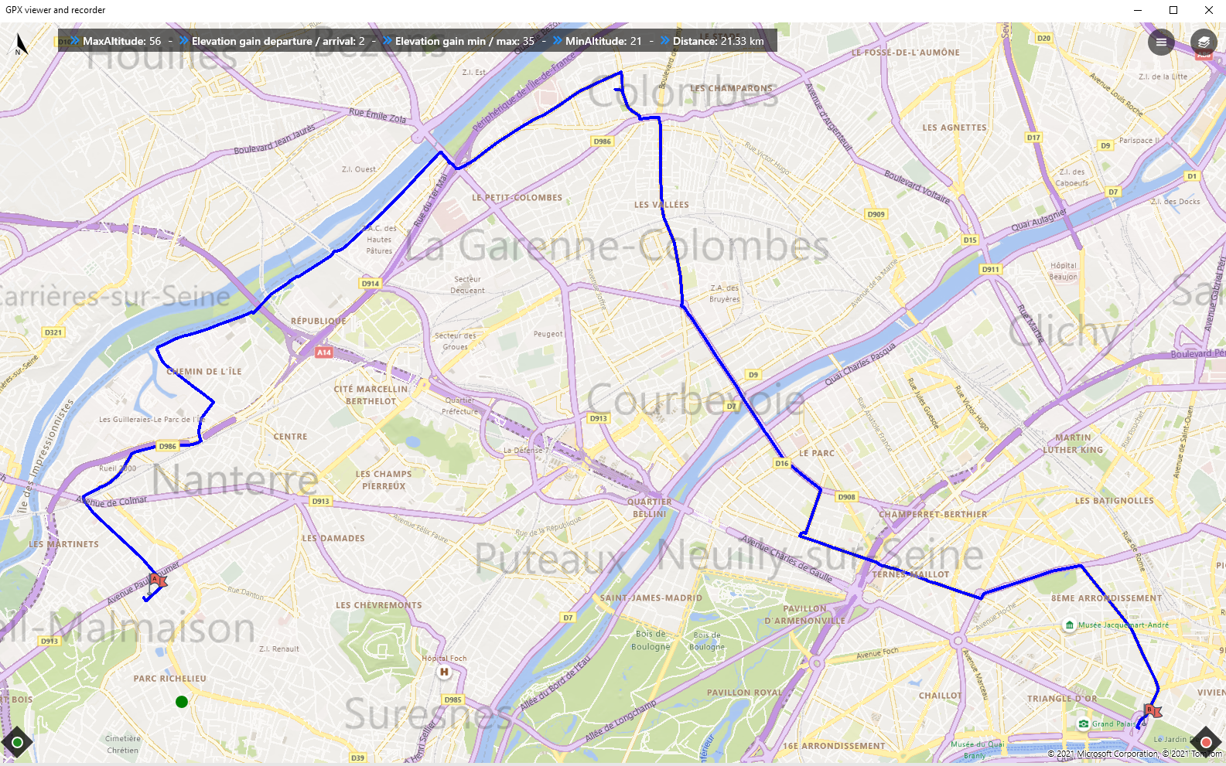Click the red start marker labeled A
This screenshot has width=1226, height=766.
coord(157,580)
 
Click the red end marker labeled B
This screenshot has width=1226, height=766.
coord(1151,710)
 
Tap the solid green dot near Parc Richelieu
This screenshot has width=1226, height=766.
coord(182,702)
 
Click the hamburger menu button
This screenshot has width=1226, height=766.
coord(1161,43)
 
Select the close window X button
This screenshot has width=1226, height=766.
coord(1209,10)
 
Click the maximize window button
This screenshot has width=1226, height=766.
coord(1173,10)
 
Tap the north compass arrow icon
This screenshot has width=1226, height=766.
coord(20,44)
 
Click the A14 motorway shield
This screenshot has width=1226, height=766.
coord(324,352)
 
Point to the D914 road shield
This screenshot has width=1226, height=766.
coord(371,284)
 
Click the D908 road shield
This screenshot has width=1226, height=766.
coord(847,497)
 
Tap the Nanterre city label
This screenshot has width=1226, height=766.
coord(234,480)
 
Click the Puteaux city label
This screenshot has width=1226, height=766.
coord(549,557)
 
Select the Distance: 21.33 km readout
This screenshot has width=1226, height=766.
coord(718,42)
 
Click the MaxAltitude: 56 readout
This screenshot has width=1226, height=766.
coord(121,42)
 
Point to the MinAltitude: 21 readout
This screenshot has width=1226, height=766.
coord(603,42)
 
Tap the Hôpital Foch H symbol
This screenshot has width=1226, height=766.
coord(444,672)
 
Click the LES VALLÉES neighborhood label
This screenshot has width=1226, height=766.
coord(661,205)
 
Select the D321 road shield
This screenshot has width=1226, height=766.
coord(53,332)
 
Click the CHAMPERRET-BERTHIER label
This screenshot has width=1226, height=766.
coord(933,514)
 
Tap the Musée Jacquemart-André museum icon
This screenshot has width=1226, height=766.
coord(1070,625)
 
